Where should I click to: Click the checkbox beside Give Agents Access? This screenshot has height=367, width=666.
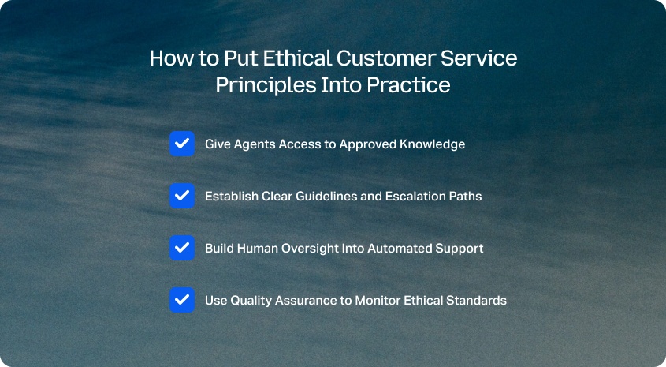(182, 144)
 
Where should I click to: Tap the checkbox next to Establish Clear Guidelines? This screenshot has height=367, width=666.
(182, 196)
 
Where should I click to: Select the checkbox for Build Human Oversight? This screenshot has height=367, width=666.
(182, 248)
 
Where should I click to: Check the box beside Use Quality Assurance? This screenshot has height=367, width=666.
(182, 300)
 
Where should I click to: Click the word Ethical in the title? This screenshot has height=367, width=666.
(297, 58)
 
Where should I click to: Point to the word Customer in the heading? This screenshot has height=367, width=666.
(385, 58)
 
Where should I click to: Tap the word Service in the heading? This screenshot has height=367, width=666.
(478, 58)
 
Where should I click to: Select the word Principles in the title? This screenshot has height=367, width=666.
(266, 85)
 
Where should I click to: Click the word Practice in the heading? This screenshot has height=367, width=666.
(408, 84)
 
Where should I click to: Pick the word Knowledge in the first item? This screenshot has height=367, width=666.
(432, 144)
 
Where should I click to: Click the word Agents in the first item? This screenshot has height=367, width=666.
(255, 144)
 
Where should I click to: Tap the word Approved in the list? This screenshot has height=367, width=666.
(368, 144)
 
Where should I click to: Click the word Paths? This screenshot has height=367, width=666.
(465, 196)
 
